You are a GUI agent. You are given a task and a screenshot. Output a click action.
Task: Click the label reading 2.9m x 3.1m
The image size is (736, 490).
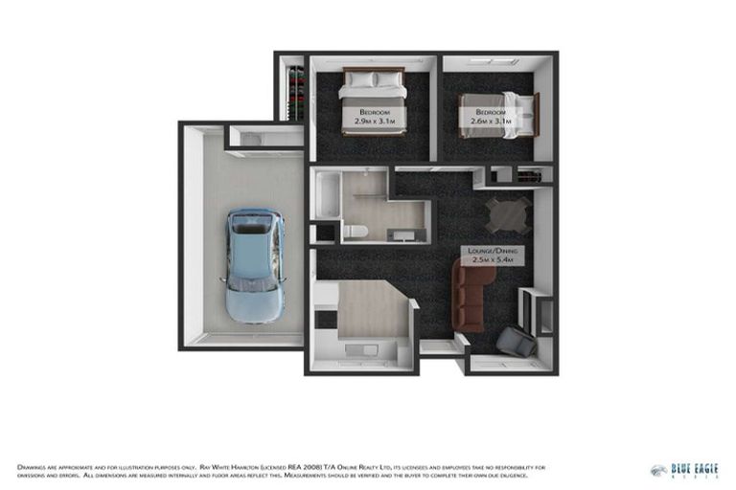[375, 122]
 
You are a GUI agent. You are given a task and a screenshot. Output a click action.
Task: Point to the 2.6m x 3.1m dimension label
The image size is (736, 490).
[489, 122]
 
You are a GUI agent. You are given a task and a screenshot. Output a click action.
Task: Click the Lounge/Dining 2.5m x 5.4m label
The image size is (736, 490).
[492, 255]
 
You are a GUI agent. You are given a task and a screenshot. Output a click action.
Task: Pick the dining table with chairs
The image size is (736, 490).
[507, 214]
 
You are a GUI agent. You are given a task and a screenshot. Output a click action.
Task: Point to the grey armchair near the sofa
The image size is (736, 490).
[517, 341]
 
